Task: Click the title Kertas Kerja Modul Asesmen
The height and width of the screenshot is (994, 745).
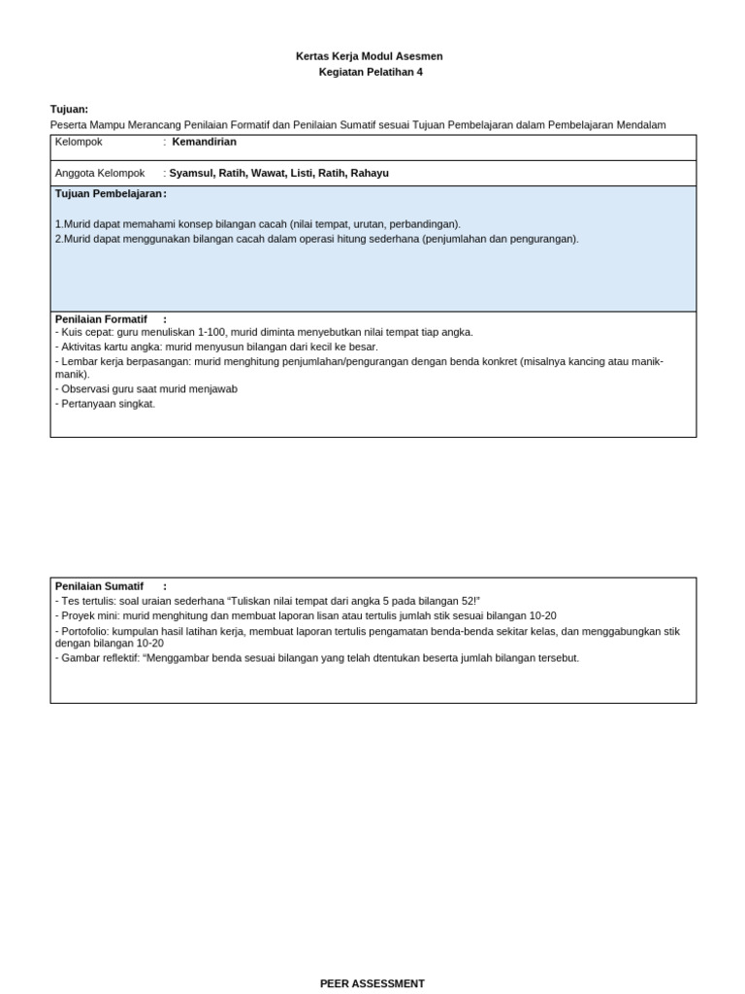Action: point(369,56)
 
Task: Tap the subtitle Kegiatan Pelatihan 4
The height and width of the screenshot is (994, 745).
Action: point(371,72)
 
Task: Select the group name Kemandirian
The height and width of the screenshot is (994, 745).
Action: point(204,142)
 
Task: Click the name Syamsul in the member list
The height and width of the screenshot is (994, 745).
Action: point(191,173)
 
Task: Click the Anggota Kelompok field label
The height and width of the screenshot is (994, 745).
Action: point(100,173)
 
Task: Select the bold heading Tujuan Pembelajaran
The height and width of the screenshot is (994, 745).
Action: point(109,194)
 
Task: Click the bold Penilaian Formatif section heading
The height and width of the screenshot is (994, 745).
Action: point(101,318)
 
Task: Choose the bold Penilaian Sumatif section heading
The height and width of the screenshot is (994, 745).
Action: point(99,586)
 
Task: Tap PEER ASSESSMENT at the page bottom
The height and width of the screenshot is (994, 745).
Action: point(372,983)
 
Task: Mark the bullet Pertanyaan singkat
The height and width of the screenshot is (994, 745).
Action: point(108,404)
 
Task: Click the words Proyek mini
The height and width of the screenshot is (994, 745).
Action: point(90,615)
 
